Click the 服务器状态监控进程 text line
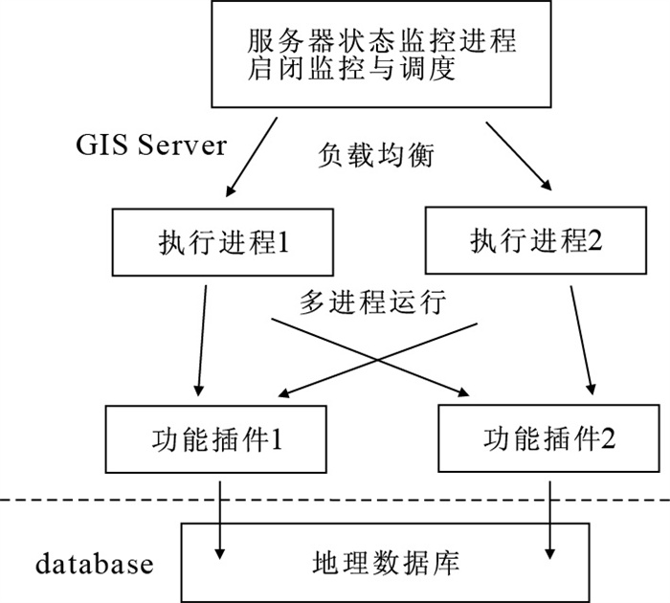381,41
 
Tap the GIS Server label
151,145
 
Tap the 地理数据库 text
387,562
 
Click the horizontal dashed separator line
335,501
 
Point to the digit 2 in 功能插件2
606,440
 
